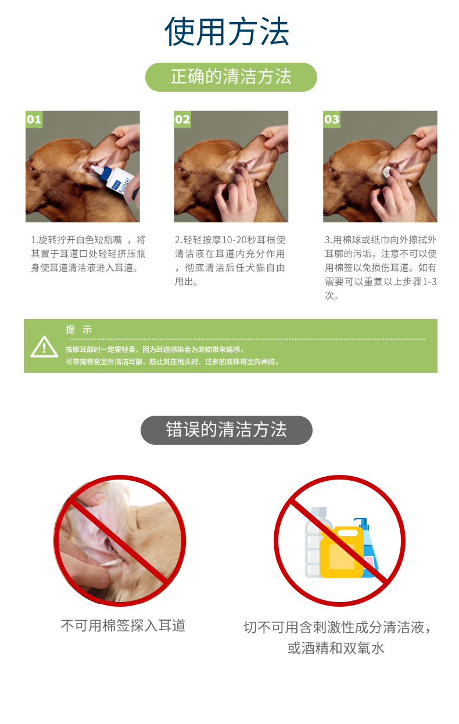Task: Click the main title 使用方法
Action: pyautogui.click(x=227, y=31)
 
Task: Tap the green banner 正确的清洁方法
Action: pyautogui.click(x=231, y=77)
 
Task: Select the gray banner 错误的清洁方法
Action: pyautogui.click(x=227, y=430)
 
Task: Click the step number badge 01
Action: pyautogui.click(x=34, y=119)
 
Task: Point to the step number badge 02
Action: pyautogui.click(x=182, y=119)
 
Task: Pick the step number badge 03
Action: pyautogui.click(x=332, y=119)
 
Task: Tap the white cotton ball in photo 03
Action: pyautogui.click(x=387, y=172)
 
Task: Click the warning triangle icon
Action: pyautogui.click(x=44, y=347)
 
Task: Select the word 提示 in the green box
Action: pyautogui.click(x=79, y=329)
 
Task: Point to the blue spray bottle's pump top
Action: pyautogui.click(x=362, y=523)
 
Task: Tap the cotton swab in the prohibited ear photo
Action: pyautogui.click(x=112, y=563)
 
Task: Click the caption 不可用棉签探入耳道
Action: pyautogui.click(x=123, y=625)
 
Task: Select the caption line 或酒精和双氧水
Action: pyautogui.click(x=336, y=648)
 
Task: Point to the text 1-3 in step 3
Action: pyautogui.click(x=430, y=282)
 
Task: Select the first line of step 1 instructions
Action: pyautogui.click(x=88, y=240)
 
